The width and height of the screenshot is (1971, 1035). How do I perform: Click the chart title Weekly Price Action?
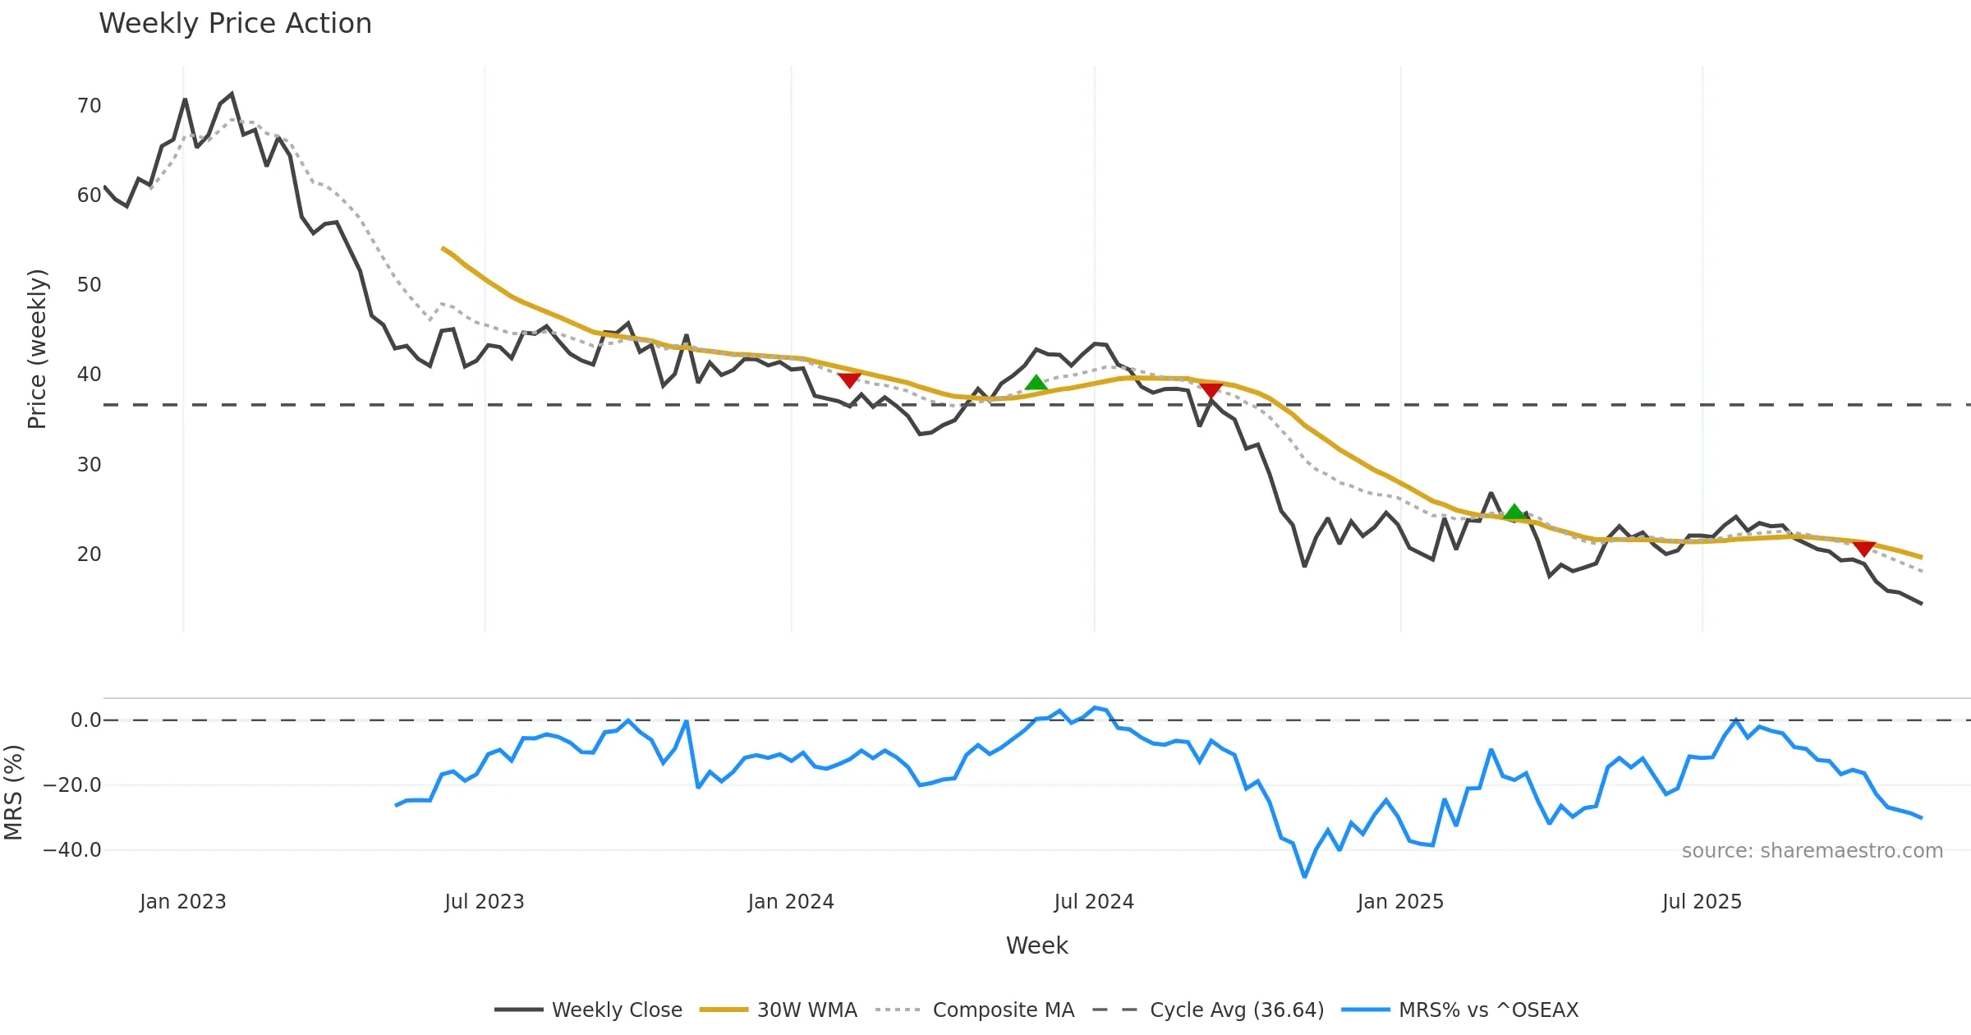pyautogui.click(x=235, y=24)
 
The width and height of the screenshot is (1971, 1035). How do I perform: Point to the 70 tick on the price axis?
pyautogui.click(x=89, y=106)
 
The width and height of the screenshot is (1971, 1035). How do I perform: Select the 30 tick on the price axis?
pyautogui.click(x=89, y=465)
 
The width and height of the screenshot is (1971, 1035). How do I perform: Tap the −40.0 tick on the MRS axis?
pyautogui.click(x=72, y=850)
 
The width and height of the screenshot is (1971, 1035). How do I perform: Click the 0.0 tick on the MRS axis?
pyautogui.click(x=85, y=720)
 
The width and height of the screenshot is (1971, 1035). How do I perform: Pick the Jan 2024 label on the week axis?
pyautogui.click(x=790, y=902)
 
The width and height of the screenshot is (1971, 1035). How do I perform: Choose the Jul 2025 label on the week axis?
pyautogui.click(x=1702, y=902)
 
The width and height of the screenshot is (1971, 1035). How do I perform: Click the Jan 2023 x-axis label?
pyautogui.click(x=182, y=902)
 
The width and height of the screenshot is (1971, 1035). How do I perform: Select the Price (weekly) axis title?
pyautogui.click(x=37, y=349)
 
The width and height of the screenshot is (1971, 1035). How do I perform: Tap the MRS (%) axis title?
pyautogui.click(x=13, y=793)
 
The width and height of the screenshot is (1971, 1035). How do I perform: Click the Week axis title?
pyautogui.click(x=1036, y=946)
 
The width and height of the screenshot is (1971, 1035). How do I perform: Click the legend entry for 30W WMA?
pyautogui.click(x=806, y=1010)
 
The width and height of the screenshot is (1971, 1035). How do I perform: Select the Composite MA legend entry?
pyautogui.click(x=1003, y=1010)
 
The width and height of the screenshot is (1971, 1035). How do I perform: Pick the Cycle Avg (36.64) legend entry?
pyautogui.click(x=1236, y=1010)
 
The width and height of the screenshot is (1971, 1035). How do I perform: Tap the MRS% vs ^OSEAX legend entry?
pyautogui.click(x=1488, y=1010)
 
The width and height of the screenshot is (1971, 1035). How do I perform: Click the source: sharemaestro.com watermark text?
pyautogui.click(x=1812, y=851)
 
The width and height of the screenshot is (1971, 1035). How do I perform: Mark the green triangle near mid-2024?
pyautogui.click(x=1036, y=383)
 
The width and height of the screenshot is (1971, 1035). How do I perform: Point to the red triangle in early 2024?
pyautogui.click(x=849, y=379)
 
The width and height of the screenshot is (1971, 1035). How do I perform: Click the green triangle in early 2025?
pyautogui.click(x=1514, y=513)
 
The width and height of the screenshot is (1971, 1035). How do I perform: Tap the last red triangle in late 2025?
pyautogui.click(x=1864, y=548)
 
